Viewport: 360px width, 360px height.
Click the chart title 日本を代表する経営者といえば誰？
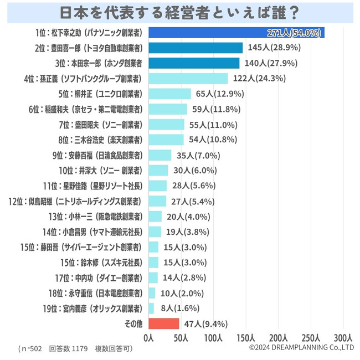(179, 12)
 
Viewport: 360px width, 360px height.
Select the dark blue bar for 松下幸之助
(236, 33)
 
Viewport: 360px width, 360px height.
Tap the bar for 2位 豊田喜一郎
(196, 48)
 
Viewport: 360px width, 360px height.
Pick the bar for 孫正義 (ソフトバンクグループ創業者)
(188, 78)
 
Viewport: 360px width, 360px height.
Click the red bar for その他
(163, 323)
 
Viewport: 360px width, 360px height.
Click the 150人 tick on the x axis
(246, 337)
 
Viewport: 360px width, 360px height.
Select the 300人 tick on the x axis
(343, 337)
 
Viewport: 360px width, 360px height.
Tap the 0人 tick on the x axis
(148, 337)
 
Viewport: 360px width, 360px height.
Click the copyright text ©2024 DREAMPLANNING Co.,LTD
(301, 348)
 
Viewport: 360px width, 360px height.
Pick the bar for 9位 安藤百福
(160, 155)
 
